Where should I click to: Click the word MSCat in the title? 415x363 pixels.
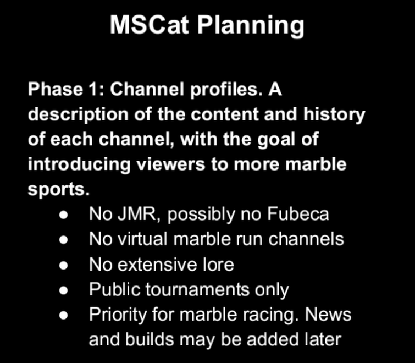pos(150,25)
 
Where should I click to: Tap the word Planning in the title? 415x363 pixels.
pos(251,26)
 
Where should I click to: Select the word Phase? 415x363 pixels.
pos(56,89)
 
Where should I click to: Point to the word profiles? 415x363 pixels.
pos(224,90)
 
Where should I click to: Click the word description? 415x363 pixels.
pos(79,114)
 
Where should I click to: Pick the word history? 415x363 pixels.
pos(334,114)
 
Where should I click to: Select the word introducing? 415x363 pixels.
pos(79,164)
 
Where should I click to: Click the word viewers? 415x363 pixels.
pos(171,164)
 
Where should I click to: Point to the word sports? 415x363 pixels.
pos(59,190)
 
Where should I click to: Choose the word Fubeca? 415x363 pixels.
pos(298,213)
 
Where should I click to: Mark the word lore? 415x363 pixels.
pos(218,264)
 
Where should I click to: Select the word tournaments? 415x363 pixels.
pos(197,289)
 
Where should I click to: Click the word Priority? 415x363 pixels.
pos(118,315)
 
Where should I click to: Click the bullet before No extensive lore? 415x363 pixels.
pos(64,265)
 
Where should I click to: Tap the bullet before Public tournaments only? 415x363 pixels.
pos(64,290)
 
